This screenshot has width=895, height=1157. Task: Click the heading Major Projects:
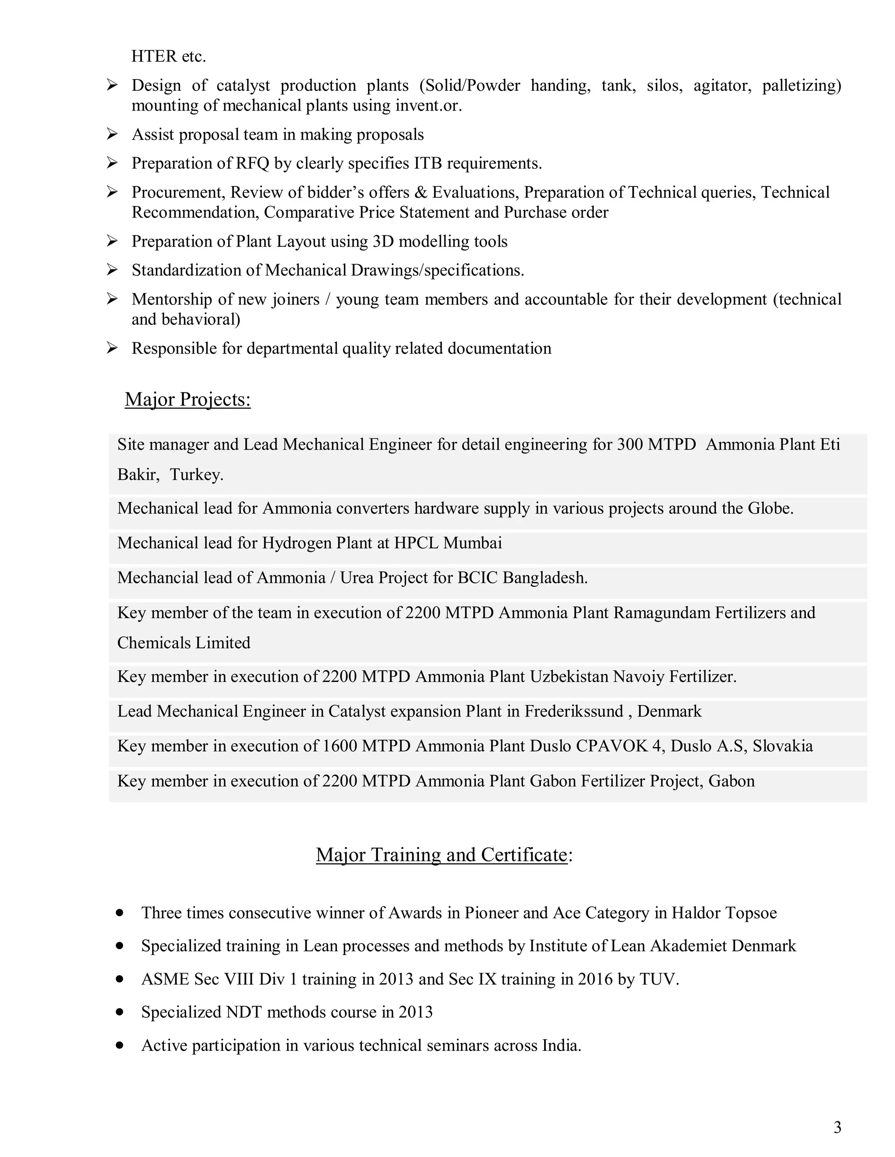[187, 399]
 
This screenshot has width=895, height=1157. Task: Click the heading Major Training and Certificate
[442, 854]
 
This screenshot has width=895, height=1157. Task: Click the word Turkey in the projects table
[195, 475]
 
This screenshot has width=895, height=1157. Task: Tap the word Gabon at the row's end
[731, 781]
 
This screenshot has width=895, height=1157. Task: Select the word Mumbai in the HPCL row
[472, 543]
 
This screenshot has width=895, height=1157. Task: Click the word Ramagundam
[662, 613]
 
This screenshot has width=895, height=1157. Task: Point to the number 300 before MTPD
[630, 444]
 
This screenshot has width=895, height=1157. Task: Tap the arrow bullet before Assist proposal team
[112, 134]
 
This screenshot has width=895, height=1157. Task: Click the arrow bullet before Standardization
[112, 270]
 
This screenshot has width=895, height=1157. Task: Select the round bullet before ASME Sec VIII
[119, 979]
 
